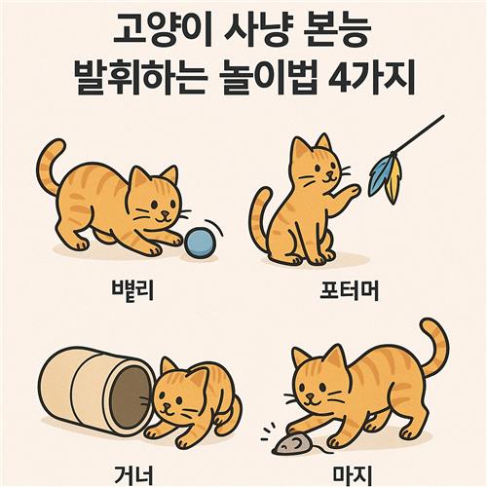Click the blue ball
[x=199, y=243]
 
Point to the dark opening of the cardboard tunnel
[x=130, y=393]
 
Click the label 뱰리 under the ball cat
[x=132, y=289]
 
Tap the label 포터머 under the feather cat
[x=349, y=290]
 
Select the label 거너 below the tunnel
[x=133, y=475]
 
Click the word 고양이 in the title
[x=162, y=31]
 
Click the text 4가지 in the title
[x=372, y=78]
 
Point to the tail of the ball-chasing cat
[x=50, y=166]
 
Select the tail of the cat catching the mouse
[x=435, y=348]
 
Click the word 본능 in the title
[x=337, y=31]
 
